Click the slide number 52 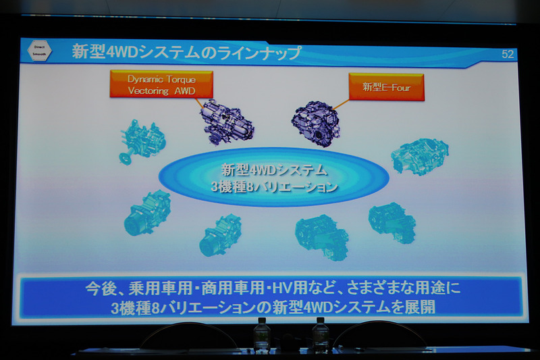tap(508, 55)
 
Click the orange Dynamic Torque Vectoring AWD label tap(161, 84)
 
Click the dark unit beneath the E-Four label tap(315, 122)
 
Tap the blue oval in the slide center tap(273, 177)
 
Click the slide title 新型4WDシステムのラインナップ tap(186, 53)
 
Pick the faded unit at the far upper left tap(142, 140)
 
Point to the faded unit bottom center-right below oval tap(321, 236)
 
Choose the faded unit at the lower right tap(392, 222)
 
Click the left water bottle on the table tap(262, 336)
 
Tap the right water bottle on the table tap(321, 336)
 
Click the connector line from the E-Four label tap(341, 105)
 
